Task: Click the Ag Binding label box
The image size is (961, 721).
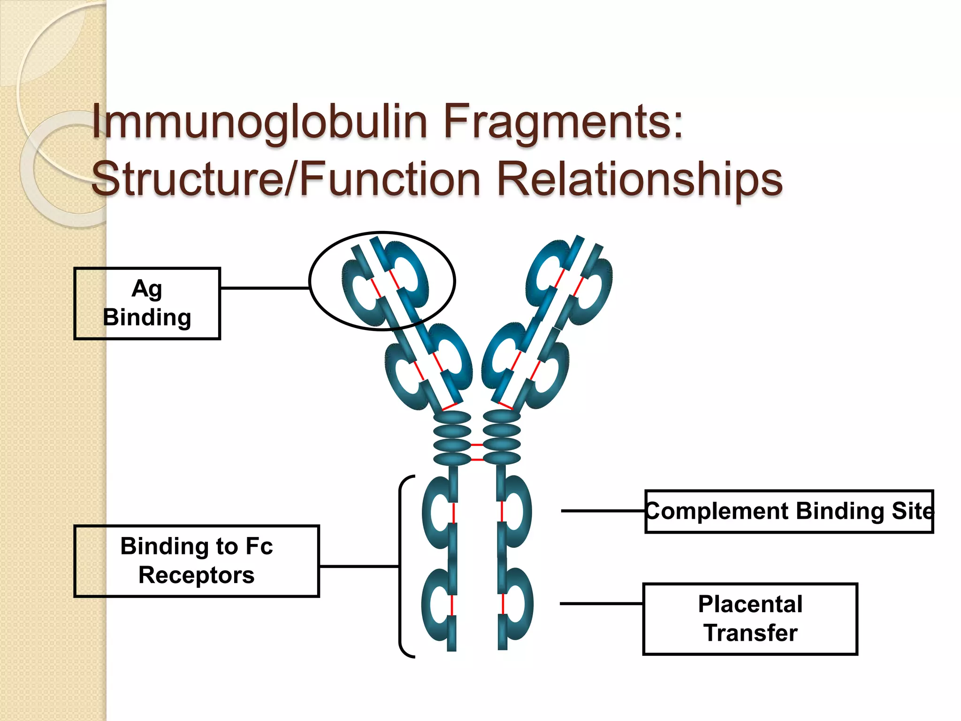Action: [147, 303]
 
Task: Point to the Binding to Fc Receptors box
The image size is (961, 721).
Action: [197, 561]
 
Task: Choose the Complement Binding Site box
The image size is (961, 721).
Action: [789, 511]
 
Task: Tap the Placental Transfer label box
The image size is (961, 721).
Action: [750, 619]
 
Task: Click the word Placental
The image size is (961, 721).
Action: [750, 604]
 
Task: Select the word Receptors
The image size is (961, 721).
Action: [197, 575]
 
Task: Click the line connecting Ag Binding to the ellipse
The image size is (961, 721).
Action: [264, 288]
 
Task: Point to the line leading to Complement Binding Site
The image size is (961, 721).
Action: [603, 511]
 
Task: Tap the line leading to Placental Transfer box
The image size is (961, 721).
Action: [601, 604]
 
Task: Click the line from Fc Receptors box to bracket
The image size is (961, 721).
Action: [359, 567]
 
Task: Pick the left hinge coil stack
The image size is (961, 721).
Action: [452, 438]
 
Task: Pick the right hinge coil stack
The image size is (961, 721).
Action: [502, 438]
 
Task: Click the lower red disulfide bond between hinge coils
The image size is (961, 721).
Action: [477, 459]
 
